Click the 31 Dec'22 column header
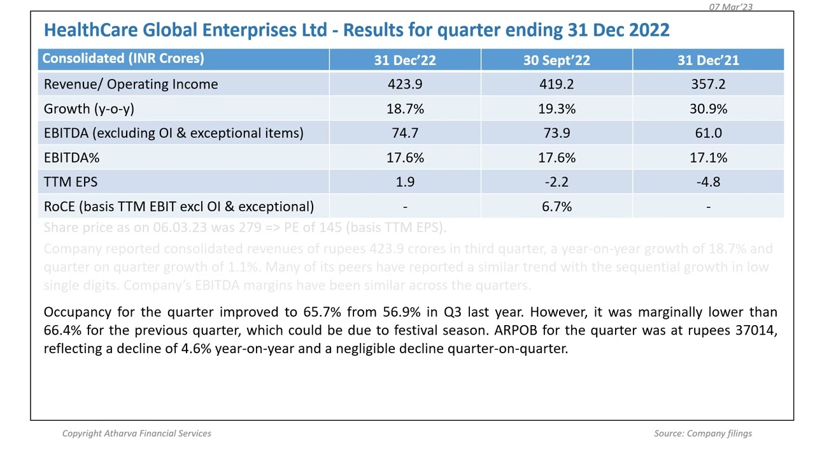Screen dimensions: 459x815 [405, 60]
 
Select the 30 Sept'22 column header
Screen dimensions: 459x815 [556, 60]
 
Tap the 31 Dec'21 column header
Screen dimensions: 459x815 [708, 60]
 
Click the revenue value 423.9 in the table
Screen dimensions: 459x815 [405, 84]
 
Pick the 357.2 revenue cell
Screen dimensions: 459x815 [708, 84]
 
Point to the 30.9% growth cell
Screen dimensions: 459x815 [708, 109]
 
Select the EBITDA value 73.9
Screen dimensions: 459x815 [556, 133]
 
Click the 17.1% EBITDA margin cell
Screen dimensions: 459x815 [708, 157]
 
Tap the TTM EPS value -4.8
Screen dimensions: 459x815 [708, 182]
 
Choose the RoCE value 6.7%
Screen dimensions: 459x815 [556, 207]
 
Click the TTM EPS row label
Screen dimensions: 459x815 [71, 182]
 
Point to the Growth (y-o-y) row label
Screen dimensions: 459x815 [89, 109]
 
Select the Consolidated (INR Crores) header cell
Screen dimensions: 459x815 [123, 59]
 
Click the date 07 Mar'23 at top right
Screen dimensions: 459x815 [731, 7]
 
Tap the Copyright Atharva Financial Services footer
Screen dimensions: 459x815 [136, 433]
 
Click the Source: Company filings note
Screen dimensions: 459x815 [703, 433]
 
